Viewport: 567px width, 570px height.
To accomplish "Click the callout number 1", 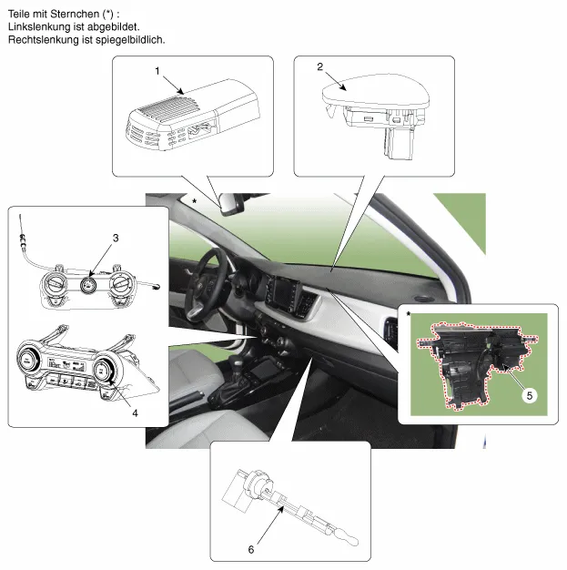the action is pos(157,71).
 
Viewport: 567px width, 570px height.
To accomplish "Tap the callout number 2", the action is pos(319,66).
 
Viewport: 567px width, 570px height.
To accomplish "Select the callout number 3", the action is pos(116,238).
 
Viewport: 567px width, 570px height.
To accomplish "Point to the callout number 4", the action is pos(135,413).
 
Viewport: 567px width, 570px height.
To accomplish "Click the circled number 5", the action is pos(529,395).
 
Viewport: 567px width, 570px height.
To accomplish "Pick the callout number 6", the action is pos(251,550).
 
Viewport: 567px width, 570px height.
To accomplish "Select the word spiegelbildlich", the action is pos(130,40).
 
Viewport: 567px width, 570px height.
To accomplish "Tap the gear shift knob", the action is pos(237,362).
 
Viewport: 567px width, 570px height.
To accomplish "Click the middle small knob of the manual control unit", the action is pos(88,284).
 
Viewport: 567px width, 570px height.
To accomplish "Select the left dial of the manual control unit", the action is pos(55,284).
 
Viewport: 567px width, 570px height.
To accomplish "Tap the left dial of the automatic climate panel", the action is pos(27,361).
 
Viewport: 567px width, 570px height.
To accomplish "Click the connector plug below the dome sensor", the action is pos(398,144).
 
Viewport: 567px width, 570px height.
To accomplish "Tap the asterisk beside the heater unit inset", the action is pos(409,313).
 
